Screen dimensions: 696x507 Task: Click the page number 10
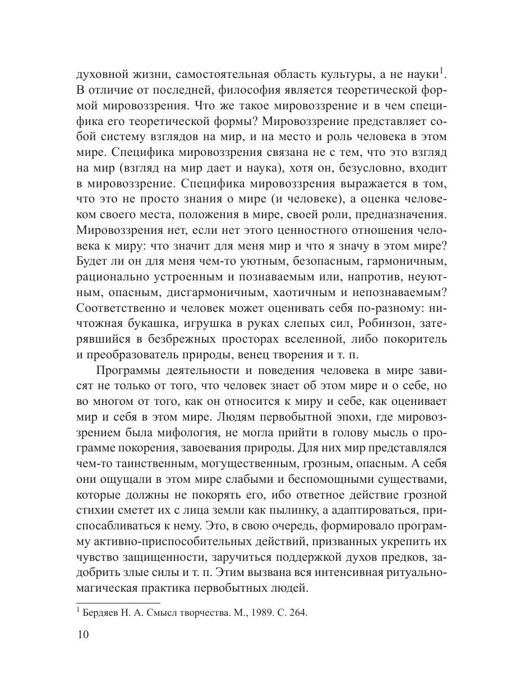(82, 634)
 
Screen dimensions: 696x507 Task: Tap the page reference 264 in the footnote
(297, 613)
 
